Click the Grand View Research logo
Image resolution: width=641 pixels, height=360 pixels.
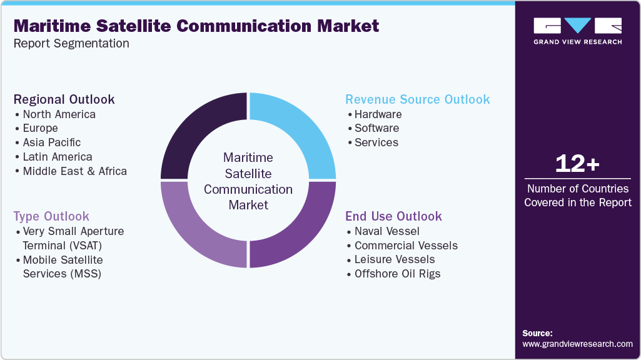(x=577, y=31)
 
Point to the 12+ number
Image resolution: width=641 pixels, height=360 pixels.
(x=577, y=164)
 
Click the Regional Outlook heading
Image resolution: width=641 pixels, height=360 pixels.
(x=64, y=99)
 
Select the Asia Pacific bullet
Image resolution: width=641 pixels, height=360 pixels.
(x=51, y=142)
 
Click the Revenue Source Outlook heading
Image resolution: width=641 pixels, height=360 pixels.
(x=418, y=99)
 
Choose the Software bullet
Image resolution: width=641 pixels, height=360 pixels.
(x=376, y=128)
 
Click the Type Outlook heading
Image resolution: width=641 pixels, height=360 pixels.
(x=51, y=216)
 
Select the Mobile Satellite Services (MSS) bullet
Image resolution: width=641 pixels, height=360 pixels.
(x=63, y=267)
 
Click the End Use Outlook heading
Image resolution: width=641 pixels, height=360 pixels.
(x=393, y=216)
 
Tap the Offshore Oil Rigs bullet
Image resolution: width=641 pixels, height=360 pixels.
(x=397, y=274)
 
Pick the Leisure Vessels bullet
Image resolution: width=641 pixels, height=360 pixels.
(x=394, y=259)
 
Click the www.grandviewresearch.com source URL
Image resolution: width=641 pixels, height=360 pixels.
(x=577, y=344)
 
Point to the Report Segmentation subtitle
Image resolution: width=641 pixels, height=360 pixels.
(x=71, y=44)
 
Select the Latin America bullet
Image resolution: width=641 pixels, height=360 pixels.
(x=57, y=157)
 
